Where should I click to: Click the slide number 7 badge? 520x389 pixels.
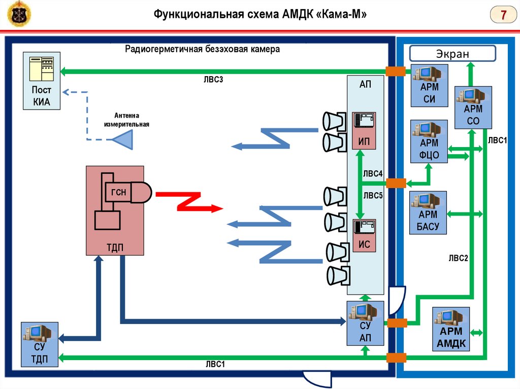point(503,15)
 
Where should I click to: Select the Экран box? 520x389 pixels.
point(452,53)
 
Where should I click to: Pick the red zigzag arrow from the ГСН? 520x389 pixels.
point(189,201)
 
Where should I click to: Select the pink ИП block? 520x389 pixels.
point(364,130)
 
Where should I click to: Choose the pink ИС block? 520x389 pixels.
point(364,236)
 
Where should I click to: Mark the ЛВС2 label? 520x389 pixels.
point(458,258)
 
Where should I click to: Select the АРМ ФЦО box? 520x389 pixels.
point(429,141)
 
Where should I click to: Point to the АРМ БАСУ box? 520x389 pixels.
point(428,213)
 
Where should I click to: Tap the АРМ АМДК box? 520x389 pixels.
point(451,329)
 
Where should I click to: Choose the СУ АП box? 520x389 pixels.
point(366,324)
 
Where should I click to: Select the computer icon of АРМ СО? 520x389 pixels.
point(470,97)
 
